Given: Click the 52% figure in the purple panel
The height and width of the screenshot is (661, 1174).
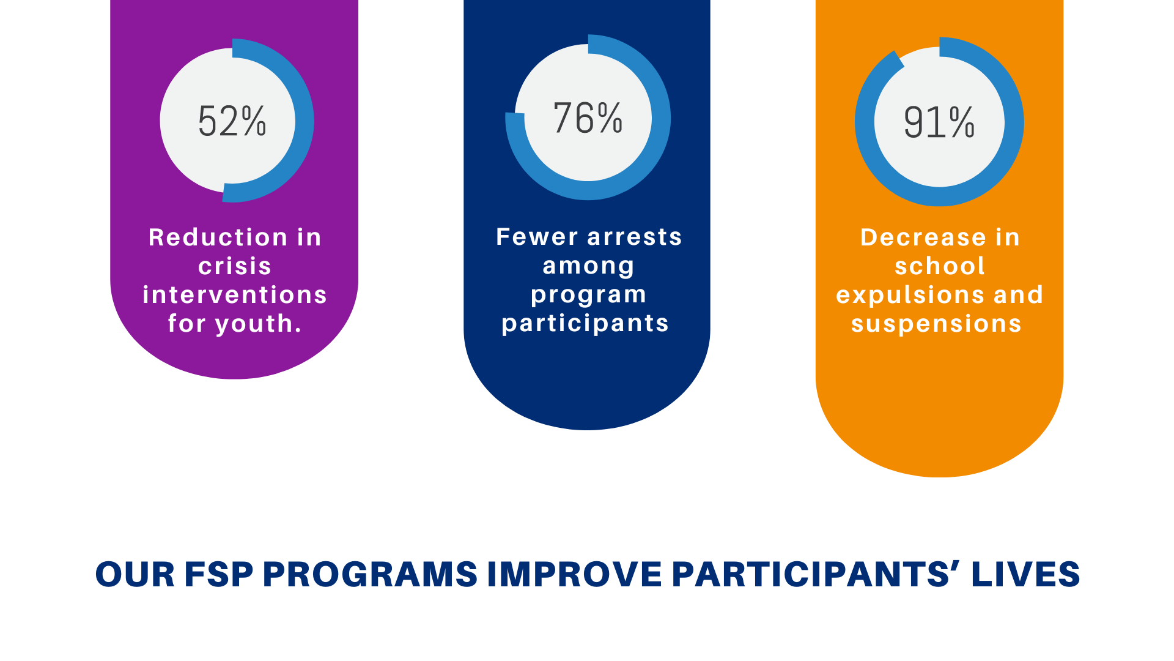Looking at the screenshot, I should [232, 121].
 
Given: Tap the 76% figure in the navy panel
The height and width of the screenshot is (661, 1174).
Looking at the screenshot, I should [588, 118].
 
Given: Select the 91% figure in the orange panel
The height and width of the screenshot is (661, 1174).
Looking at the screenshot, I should [939, 122].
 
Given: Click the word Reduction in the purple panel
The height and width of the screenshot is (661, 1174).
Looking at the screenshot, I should [218, 237].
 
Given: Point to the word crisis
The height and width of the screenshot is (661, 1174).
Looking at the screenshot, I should [235, 266].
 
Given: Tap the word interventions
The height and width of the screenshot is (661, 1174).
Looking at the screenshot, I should [235, 295].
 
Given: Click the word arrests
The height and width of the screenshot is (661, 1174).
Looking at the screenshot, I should [635, 237].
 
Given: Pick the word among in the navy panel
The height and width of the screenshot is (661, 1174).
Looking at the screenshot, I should [588, 266].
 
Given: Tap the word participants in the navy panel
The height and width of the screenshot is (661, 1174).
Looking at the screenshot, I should [585, 323].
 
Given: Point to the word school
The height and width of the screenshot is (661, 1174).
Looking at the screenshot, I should [940, 266].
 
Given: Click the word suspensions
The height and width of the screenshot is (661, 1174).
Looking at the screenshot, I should [936, 324].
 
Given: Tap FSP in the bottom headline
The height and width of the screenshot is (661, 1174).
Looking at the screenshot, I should [219, 575].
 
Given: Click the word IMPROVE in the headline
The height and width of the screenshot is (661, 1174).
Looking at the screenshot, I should [574, 575].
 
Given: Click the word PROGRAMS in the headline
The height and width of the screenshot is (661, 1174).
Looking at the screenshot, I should [370, 575].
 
